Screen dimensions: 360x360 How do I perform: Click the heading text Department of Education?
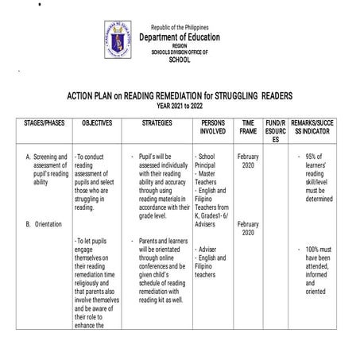(180, 37)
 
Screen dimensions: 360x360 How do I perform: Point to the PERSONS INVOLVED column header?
(212, 128)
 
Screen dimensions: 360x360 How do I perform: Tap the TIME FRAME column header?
(248, 128)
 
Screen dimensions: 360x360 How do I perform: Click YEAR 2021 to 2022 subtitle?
(180, 105)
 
